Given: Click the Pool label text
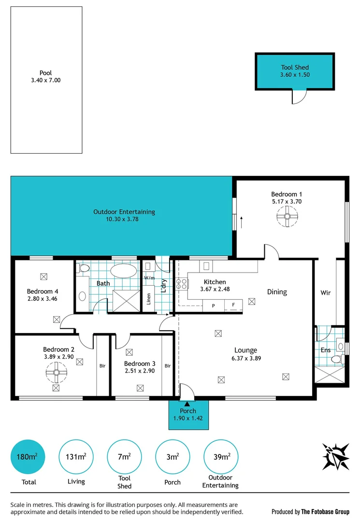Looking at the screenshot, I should (46, 73).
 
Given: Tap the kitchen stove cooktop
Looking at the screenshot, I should (182, 283).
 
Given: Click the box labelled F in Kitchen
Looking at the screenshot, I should (233, 305).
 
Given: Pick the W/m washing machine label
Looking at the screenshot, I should (149, 278).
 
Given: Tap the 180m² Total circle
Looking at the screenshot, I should (28, 457).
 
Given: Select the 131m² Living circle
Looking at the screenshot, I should (76, 457).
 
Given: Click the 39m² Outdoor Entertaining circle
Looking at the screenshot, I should (220, 457).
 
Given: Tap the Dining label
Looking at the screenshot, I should (277, 292).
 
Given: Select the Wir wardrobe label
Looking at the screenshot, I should (326, 293).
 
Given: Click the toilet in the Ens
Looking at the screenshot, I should (336, 359).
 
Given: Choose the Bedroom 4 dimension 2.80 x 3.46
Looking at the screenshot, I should (43, 299).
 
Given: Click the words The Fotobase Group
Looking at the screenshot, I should (326, 511).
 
